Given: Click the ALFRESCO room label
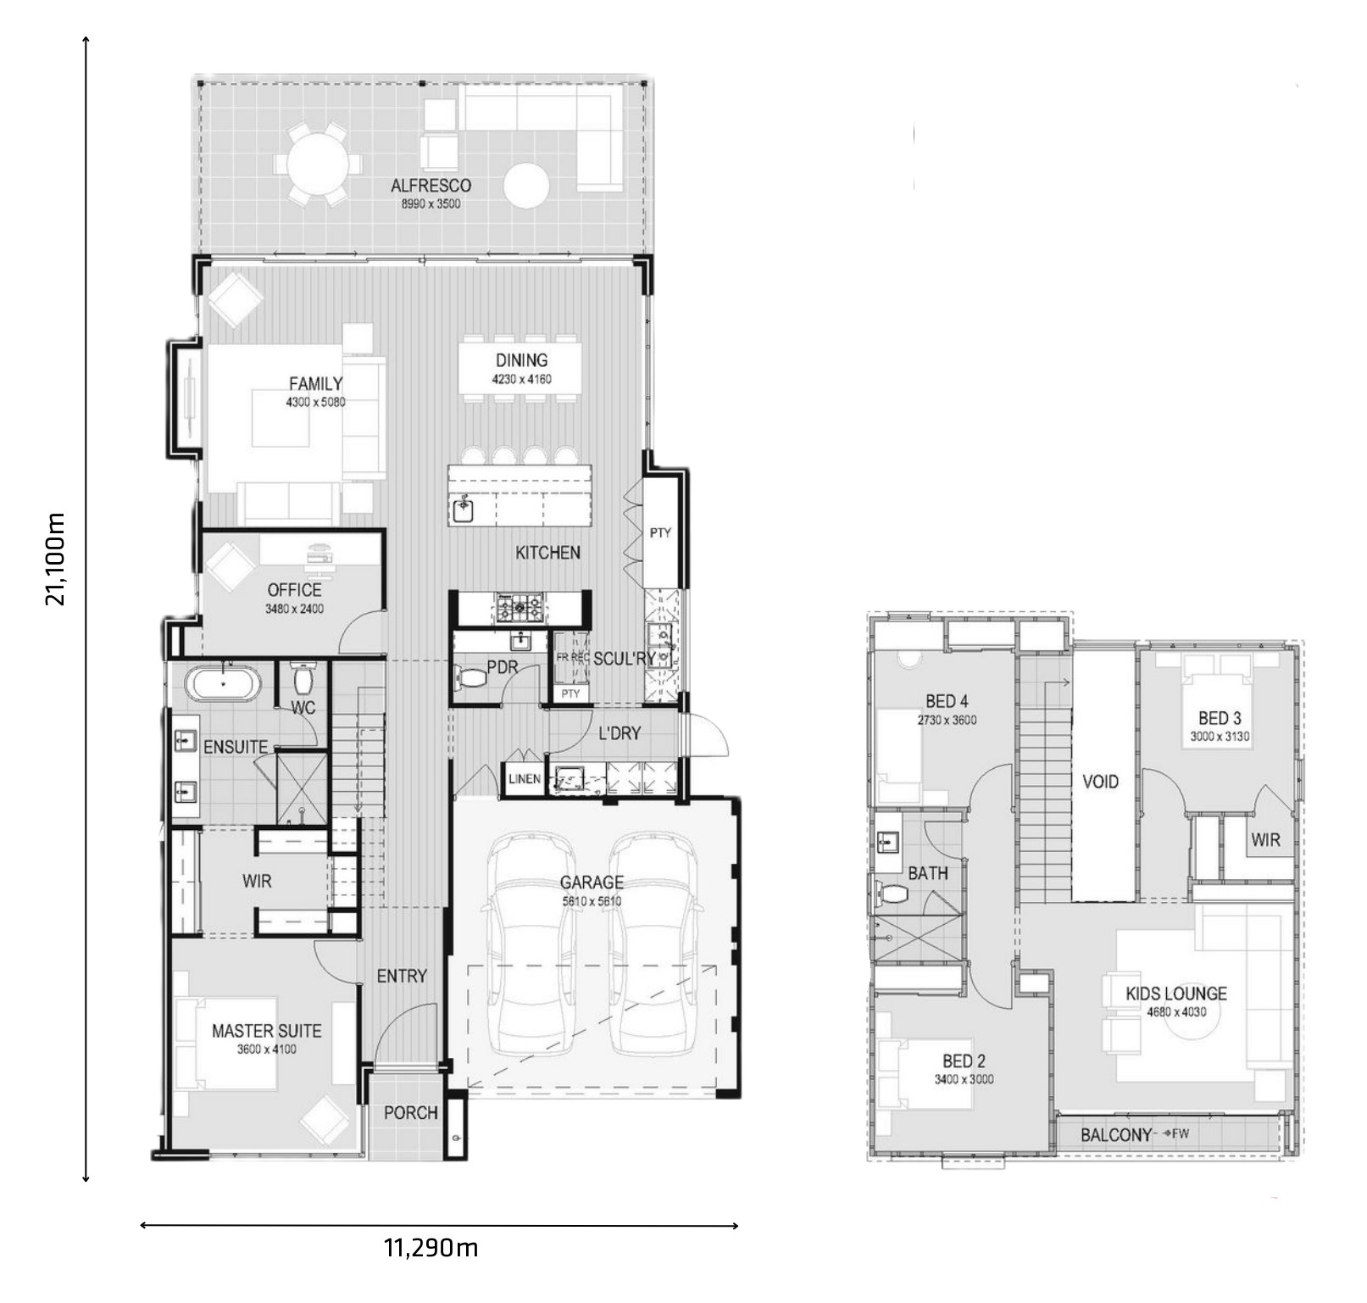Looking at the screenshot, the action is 431,186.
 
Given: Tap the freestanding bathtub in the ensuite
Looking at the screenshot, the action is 224,684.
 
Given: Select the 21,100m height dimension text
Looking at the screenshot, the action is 56,559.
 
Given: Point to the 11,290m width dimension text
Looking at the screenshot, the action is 431,1247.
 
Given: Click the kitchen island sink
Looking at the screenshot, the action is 464,509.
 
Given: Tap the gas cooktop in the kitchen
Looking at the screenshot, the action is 521,607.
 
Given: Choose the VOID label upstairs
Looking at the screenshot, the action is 1100,782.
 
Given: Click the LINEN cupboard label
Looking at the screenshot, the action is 525,778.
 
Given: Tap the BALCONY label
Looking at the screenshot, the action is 1116,1134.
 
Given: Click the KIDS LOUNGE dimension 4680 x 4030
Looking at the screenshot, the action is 1176,1011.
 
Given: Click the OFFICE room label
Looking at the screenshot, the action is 294,590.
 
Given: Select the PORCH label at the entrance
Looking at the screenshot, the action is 411,1112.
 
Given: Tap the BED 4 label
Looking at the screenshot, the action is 947,701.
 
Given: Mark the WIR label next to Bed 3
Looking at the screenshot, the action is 1265,840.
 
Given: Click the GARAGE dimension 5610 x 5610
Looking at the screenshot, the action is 592,901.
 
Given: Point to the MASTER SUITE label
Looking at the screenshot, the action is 266,1031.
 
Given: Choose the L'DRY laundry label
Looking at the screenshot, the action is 620,732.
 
